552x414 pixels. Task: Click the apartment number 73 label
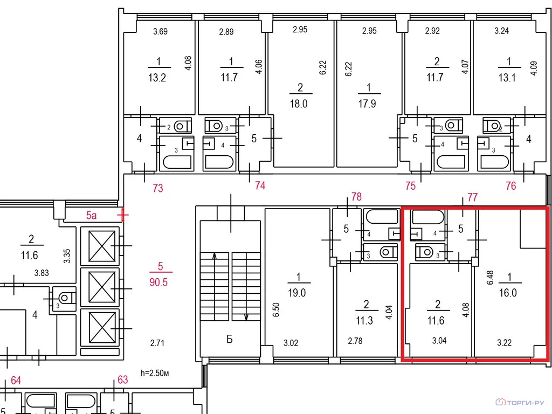[x=158, y=188]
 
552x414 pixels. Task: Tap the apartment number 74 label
[x=260, y=185]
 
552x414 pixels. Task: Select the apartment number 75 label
[x=410, y=186]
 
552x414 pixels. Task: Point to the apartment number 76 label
[x=511, y=185]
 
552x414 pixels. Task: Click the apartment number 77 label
[x=472, y=197]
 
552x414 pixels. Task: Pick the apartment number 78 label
[x=356, y=196]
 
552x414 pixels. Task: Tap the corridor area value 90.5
[x=158, y=282]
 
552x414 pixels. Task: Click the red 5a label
[x=91, y=215]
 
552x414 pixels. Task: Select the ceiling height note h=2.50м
[x=155, y=373]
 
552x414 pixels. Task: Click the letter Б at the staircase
[x=230, y=340]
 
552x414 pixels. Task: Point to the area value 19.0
[x=297, y=293]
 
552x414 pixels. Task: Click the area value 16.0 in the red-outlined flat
[x=508, y=293]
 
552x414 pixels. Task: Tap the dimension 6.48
[x=491, y=278]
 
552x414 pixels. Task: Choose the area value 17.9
[x=367, y=103]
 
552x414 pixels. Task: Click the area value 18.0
[x=299, y=103]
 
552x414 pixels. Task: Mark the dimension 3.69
[x=160, y=32]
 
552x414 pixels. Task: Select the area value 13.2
[x=157, y=78]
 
